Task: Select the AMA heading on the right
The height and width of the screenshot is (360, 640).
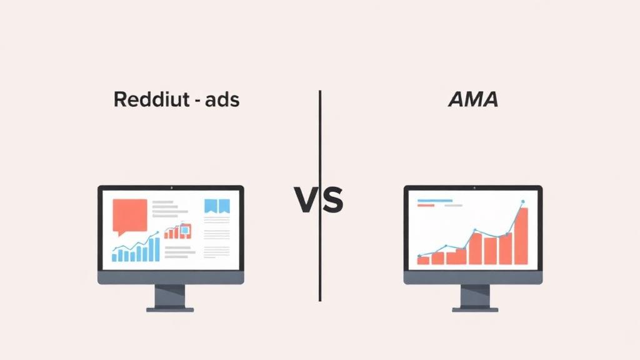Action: [473, 100]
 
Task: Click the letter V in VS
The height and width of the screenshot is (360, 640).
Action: [306, 201]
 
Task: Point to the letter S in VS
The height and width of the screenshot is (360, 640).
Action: [332, 201]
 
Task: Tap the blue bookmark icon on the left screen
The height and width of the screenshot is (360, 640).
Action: [217, 207]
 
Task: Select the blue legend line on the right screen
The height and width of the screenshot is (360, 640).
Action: [434, 201]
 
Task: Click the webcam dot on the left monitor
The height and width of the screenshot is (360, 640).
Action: [171, 187]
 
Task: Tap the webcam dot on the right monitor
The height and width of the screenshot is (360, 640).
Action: [473, 187]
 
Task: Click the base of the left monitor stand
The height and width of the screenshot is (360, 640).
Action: [170, 309]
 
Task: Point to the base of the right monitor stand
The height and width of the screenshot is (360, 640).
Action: [475, 309]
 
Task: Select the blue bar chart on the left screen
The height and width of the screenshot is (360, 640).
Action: [136, 251]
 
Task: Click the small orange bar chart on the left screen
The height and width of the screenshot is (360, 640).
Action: [177, 232]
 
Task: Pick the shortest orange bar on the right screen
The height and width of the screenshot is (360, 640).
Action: [424, 259]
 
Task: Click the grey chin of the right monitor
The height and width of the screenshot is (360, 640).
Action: [473, 277]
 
